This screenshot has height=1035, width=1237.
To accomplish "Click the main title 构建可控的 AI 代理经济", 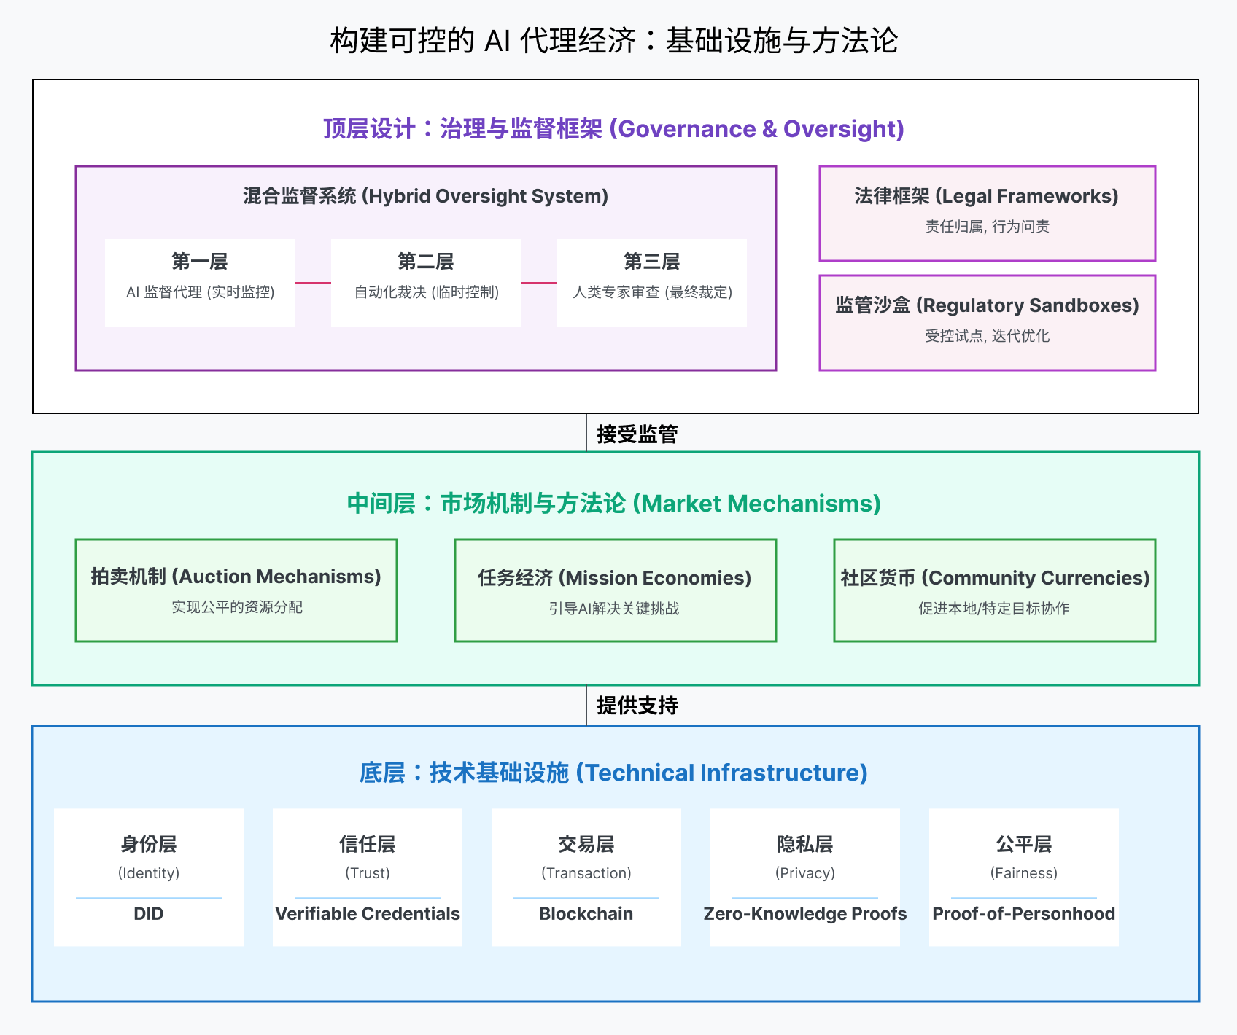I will coord(613,41).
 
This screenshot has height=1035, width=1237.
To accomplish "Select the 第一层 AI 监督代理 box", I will coord(200,282).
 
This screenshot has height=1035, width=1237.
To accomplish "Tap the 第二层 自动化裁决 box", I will coord(426,282).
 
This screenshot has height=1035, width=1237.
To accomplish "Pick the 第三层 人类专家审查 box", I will coord(652,282).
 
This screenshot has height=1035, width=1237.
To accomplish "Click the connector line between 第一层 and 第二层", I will coord(313,283).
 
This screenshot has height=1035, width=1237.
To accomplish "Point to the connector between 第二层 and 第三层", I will coord(539,283).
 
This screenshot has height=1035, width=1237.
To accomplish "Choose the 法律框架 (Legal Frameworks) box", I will coord(987,213).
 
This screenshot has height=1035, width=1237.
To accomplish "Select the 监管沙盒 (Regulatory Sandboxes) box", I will coord(987,322).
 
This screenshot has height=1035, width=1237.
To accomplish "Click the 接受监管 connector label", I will coord(637,434).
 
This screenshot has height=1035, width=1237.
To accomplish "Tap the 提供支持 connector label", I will coord(637,706).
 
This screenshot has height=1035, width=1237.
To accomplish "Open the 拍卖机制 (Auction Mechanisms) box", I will coord(236,590).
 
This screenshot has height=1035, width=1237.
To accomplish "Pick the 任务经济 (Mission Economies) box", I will coord(615,590).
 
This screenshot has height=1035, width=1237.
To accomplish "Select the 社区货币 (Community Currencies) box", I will coord(994,590).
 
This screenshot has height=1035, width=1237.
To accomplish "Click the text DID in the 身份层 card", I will coord(149,914).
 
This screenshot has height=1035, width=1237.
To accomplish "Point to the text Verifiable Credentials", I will coord(368,914).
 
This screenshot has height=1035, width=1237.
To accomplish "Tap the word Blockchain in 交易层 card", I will coord(586,914).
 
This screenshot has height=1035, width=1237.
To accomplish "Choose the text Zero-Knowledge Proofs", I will coord(805,914).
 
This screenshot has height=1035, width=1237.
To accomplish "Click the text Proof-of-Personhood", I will coord(1024,914).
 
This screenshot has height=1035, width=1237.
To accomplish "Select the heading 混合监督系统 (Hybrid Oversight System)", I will coord(425,196).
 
